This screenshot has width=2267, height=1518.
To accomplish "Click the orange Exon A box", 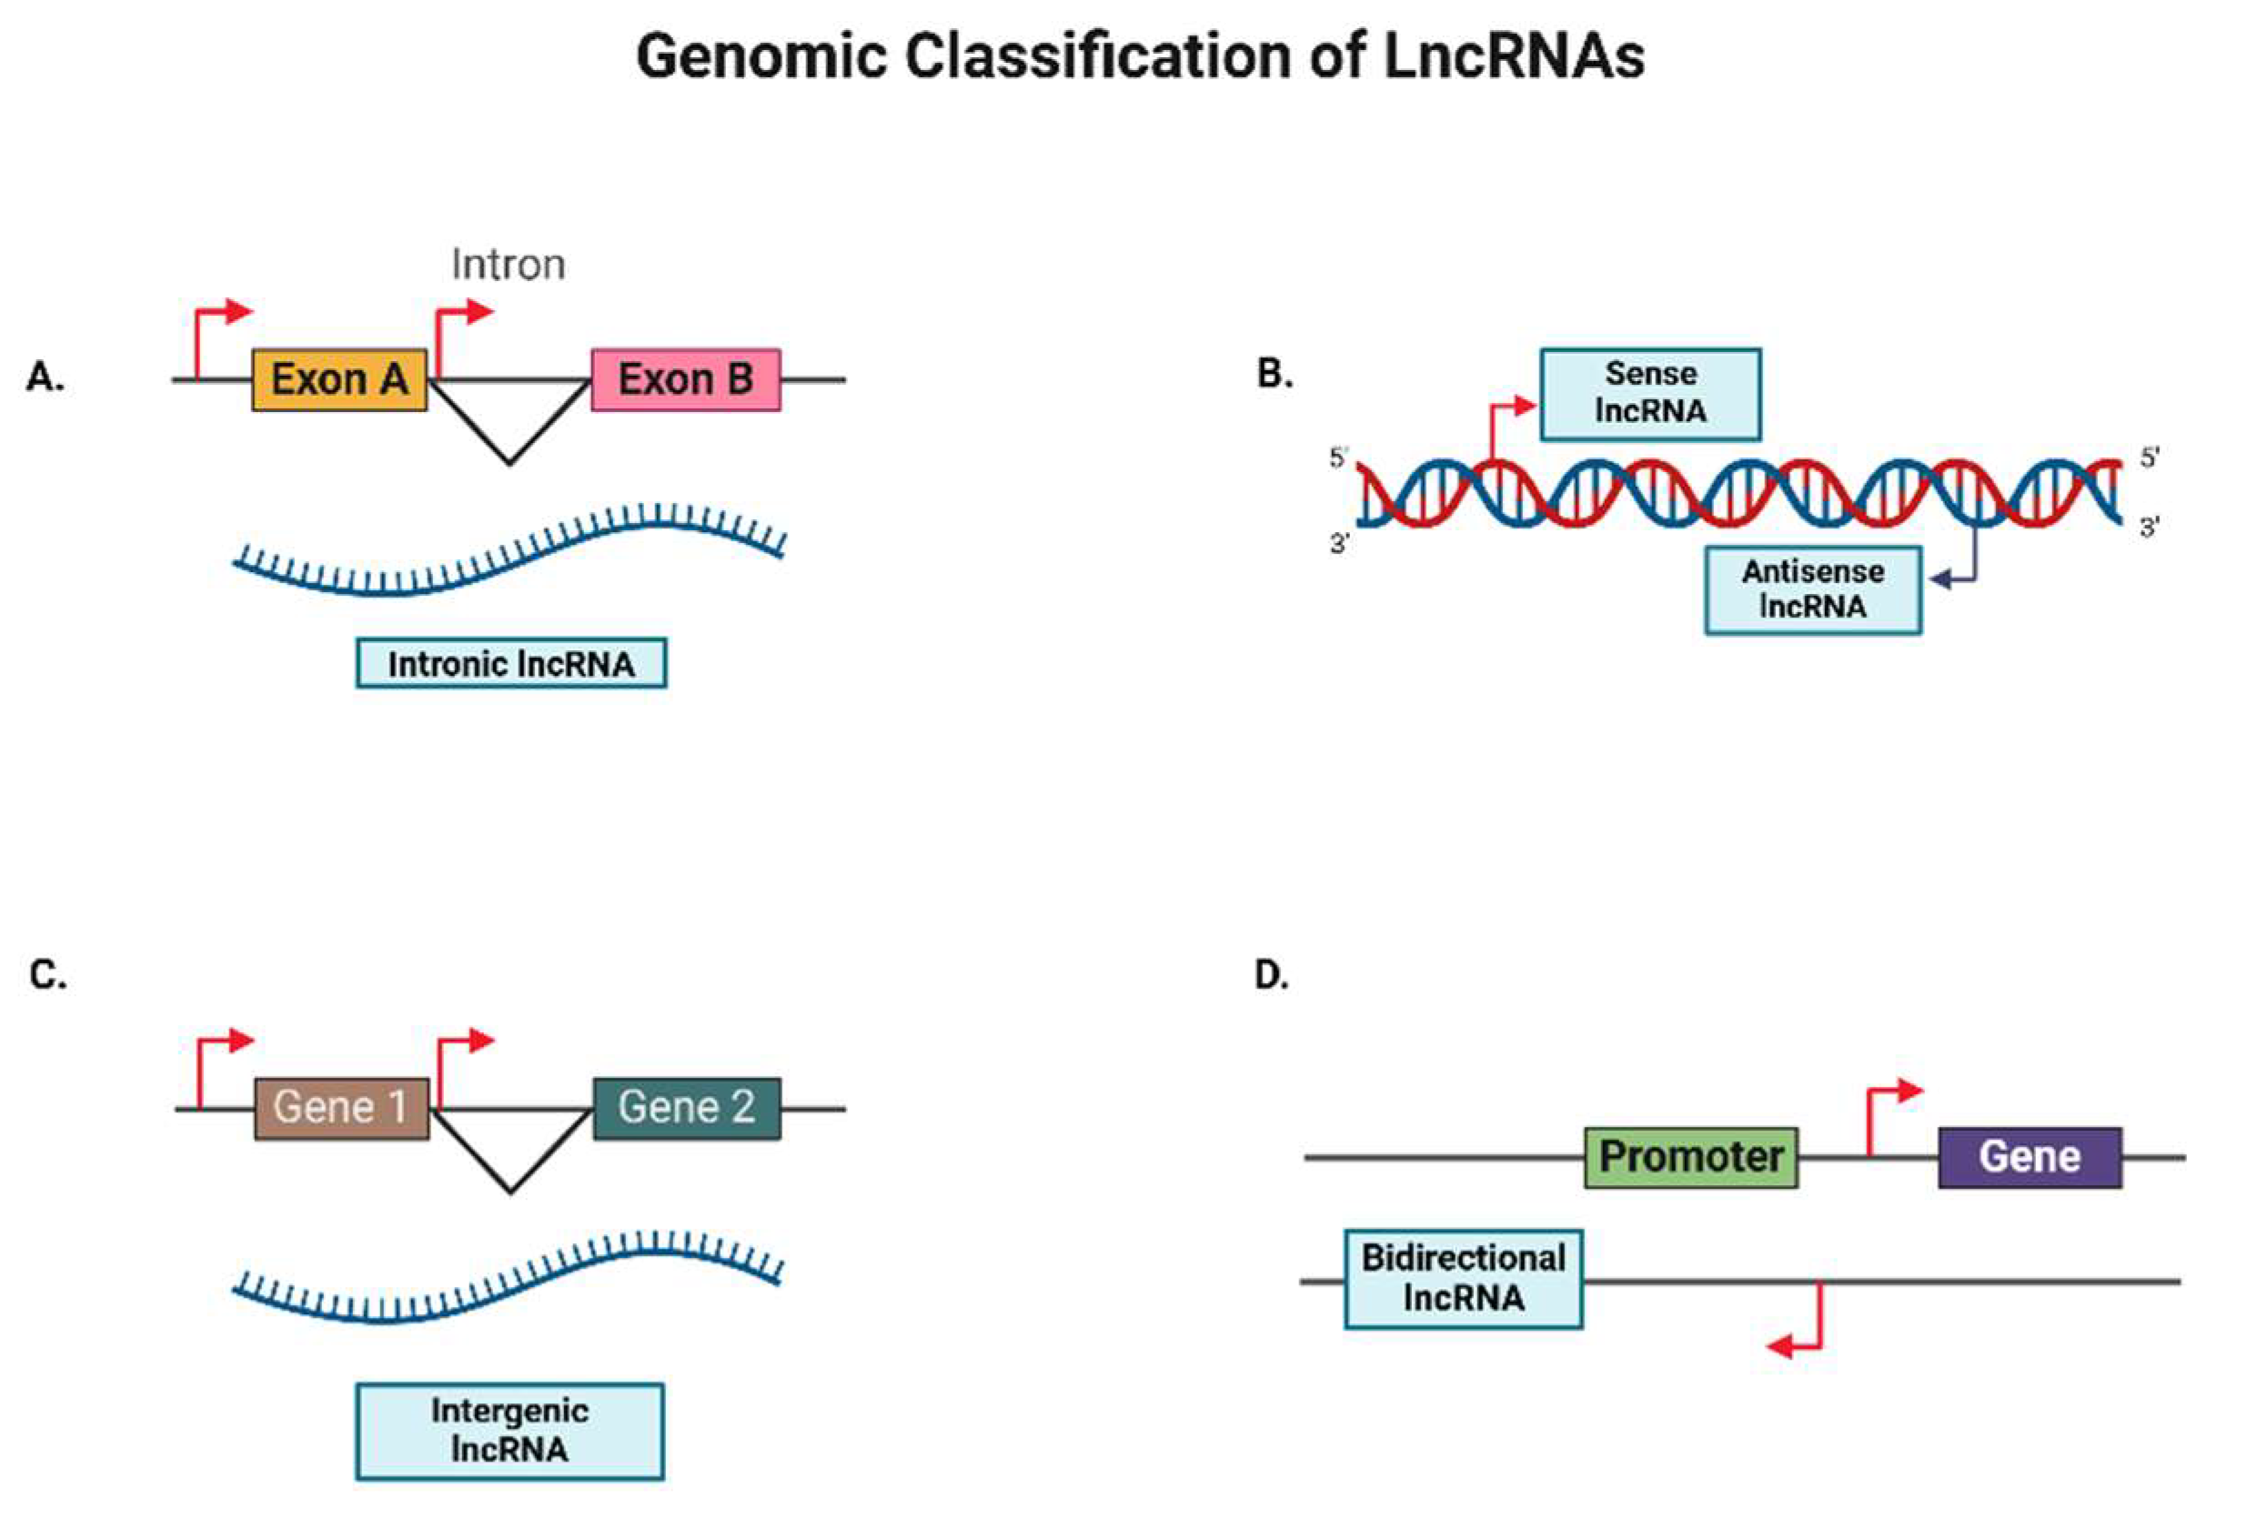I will pyautogui.click(x=339, y=379).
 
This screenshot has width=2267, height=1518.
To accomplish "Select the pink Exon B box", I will pyautogui.click(x=686, y=379).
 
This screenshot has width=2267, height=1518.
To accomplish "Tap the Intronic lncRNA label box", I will pyautogui.click(x=511, y=664).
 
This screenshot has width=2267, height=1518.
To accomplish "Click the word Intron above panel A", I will pyautogui.click(x=509, y=265).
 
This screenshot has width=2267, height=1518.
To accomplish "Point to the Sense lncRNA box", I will pyautogui.click(x=1650, y=393).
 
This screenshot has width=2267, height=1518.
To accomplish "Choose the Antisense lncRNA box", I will pyautogui.click(x=1813, y=589).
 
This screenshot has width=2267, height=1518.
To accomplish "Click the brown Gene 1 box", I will pyautogui.click(x=341, y=1108).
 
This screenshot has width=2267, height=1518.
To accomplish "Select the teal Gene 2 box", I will pyautogui.click(x=687, y=1108).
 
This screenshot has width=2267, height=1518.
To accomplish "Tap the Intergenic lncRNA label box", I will pyautogui.click(x=509, y=1430).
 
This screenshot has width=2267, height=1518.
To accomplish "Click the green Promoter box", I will pyautogui.click(x=1691, y=1157).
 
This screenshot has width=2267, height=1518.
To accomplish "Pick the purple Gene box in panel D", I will pyautogui.click(x=2030, y=1157).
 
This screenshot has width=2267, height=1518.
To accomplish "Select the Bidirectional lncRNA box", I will pyautogui.click(x=1463, y=1278).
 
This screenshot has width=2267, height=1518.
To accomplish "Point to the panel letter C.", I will pyautogui.click(x=46, y=974).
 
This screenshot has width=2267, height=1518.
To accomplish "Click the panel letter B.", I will pyautogui.click(x=1274, y=374).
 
